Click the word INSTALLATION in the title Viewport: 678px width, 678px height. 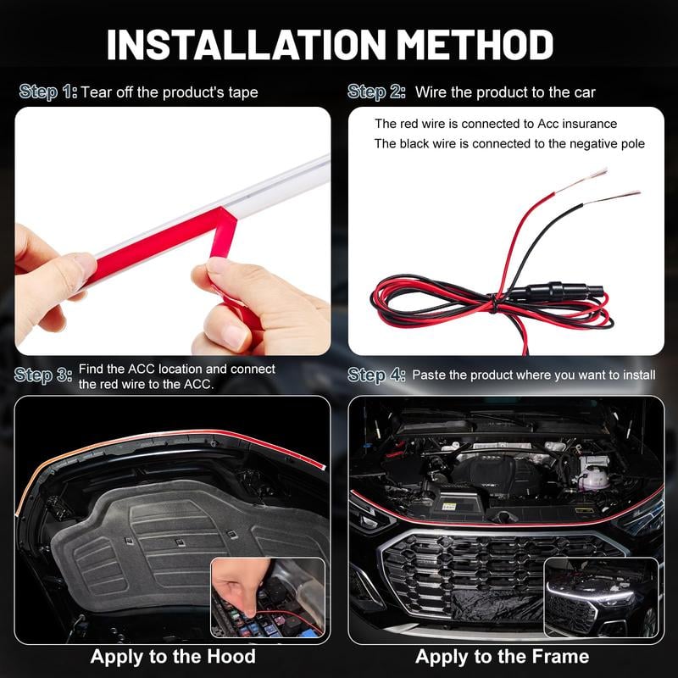pyautogui.click(x=246, y=45)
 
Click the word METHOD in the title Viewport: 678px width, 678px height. pyautogui.click(x=475, y=45)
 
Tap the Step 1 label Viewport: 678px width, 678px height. pyautogui.click(x=48, y=92)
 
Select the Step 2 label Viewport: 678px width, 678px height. pyautogui.click(x=376, y=92)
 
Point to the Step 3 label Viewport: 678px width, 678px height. pyautogui.click(x=43, y=375)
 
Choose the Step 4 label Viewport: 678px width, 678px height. pyautogui.click(x=376, y=375)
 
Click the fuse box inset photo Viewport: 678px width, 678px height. pyautogui.click(x=268, y=597)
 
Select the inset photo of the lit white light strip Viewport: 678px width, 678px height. pyautogui.click(x=602, y=597)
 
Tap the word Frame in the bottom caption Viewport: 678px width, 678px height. pyautogui.click(x=560, y=656)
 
